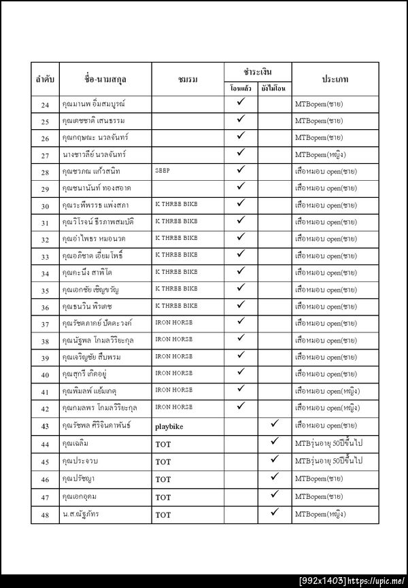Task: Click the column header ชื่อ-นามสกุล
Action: (x=105, y=80)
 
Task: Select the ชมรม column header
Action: (x=187, y=80)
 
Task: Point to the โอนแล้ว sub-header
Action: (x=241, y=89)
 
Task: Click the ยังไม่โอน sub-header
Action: (x=275, y=89)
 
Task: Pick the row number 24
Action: (x=45, y=105)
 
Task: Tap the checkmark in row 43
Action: (x=275, y=423)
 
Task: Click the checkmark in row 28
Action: (x=241, y=169)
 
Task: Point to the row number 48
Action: (x=45, y=515)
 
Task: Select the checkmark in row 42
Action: (x=241, y=406)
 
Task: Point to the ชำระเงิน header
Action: (x=258, y=71)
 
